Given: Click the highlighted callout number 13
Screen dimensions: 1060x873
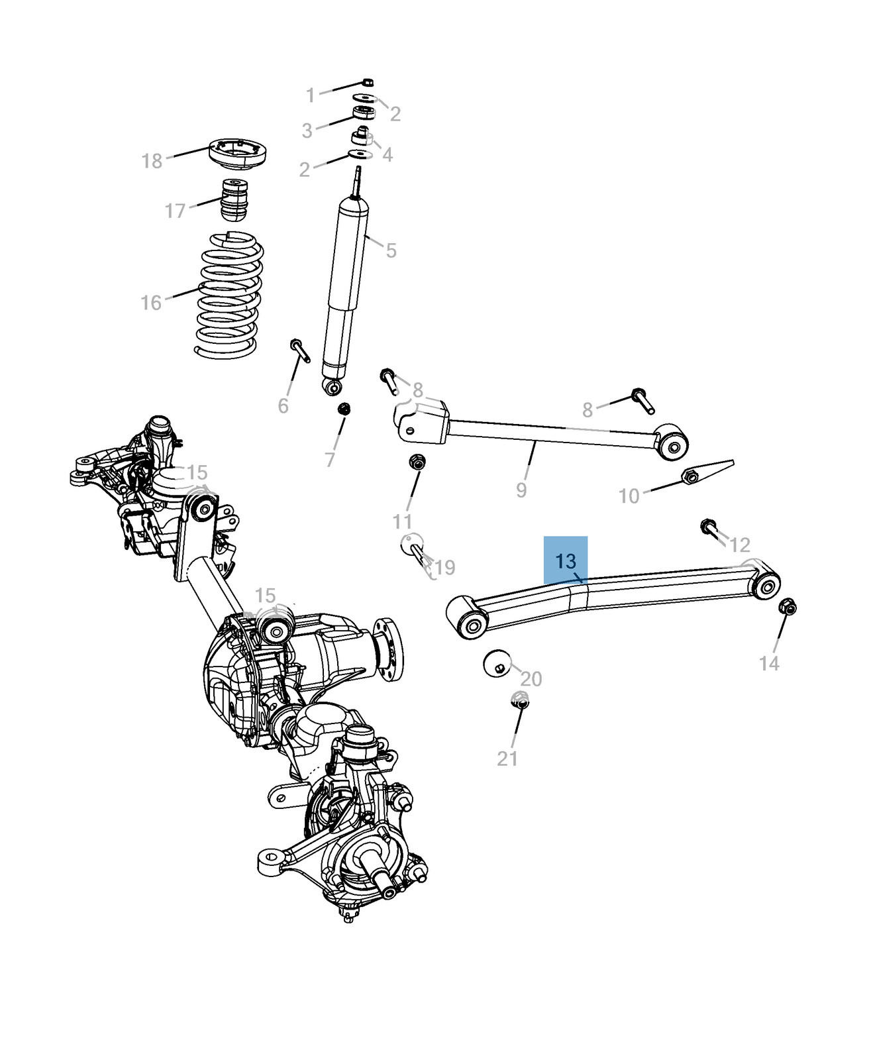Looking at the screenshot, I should pyautogui.click(x=566, y=561).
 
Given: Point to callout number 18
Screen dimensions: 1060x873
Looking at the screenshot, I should pyautogui.click(x=152, y=161).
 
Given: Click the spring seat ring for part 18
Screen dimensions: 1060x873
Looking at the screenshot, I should pyautogui.click(x=238, y=153).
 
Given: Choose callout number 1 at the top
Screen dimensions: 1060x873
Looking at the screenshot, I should pyautogui.click(x=310, y=95).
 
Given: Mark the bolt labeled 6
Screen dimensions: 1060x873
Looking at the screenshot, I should pyautogui.click(x=299, y=350).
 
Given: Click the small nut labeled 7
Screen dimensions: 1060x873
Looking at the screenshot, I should pyautogui.click(x=344, y=409).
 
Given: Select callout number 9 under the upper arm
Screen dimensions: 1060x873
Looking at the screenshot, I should pyautogui.click(x=521, y=490).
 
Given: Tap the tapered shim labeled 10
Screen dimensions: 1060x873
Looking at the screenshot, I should pyautogui.click(x=707, y=472).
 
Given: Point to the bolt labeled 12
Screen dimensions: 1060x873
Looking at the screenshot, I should pyautogui.click(x=709, y=529).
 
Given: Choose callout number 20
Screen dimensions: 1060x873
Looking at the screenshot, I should pyautogui.click(x=531, y=679).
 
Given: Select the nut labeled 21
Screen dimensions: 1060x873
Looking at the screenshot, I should pyautogui.click(x=520, y=700).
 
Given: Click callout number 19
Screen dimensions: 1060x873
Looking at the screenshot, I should pyautogui.click(x=445, y=568).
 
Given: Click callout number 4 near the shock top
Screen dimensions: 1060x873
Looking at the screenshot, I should pyautogui.click(x=387, y=155).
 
